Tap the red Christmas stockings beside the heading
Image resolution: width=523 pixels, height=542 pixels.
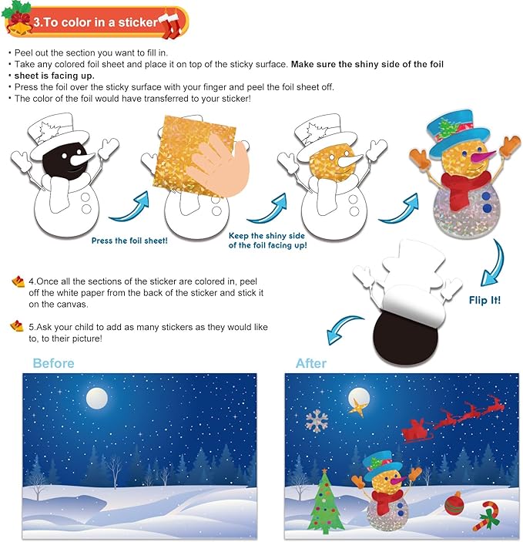(172, 21)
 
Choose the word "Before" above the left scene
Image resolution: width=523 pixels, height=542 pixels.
(53, 363)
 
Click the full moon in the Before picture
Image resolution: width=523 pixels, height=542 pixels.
(96, 398)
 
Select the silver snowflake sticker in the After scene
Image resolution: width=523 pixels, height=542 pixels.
(317, 420)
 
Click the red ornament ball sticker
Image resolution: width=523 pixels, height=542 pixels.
(453, 506)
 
